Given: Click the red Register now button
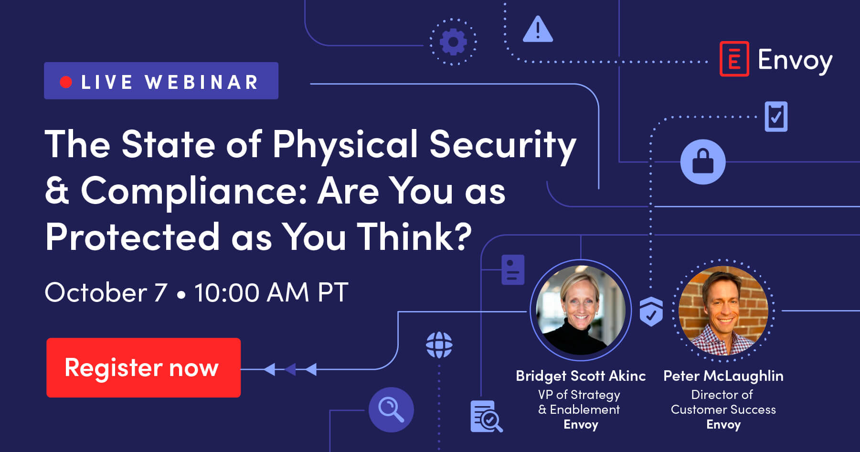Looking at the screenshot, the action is pyautogui.click(x=143, y=367).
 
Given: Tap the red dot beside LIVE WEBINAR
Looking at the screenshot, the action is pyautogui.click(x=66, y=82).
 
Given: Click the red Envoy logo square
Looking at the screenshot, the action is pyautogui.click(x=734, y=59).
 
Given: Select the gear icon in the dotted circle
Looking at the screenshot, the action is pyautogui.click(x=453, y=42).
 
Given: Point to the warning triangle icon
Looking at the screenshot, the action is pyautogui.click(x=538, y=29).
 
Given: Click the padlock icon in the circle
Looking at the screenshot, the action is pyautogui.click(x=702, y=161).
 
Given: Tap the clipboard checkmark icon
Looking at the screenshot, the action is pyautogui.click(x=776, y=116).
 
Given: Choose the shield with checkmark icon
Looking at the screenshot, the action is pyautogui.click(x=651, y=311).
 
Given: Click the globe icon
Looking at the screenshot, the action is pyautogui.click(x=439, y=345).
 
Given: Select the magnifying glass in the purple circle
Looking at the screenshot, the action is pyautogui.click(x=391, y=409).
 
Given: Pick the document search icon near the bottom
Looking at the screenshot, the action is pyautogui.click(x=486, y=416).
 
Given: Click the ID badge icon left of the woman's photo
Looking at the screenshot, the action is pyautogui.click(x=513, y=270).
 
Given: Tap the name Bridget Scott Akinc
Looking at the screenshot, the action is pyautogui.click(x=581, y=376).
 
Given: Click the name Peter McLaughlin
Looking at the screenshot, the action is pyautogui.click(x=723, y=376).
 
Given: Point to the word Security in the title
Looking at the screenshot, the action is pyautogui.click(x=503, y=145).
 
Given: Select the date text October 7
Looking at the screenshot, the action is pyautogui.click(x=106, y=292).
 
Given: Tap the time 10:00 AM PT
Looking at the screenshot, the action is pyautogui.click(x=271, y=292).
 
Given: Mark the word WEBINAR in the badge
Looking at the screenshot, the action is pyautogui.click(x=202, y=82).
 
